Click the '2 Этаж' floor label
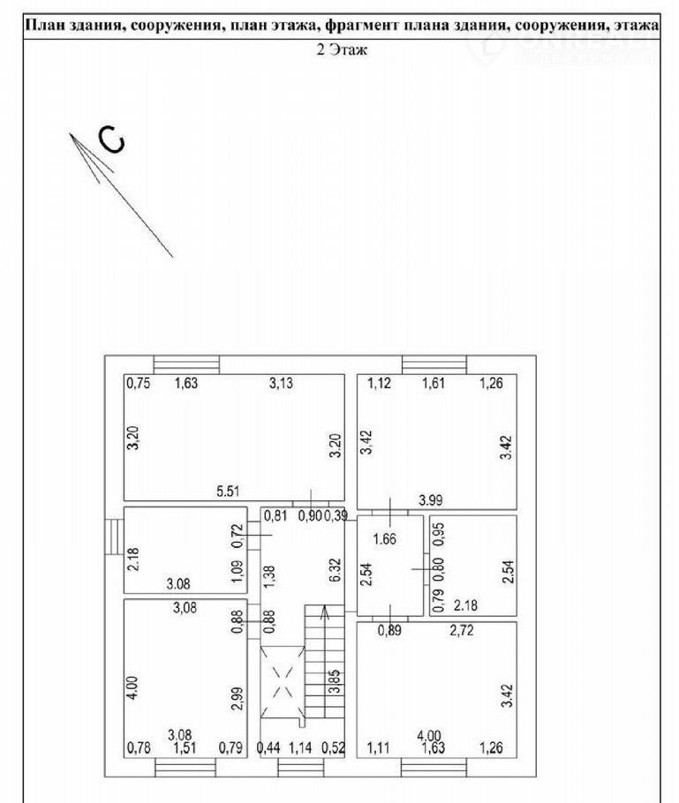[341, 50]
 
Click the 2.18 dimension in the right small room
[465, 605]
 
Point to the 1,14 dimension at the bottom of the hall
[301, 748]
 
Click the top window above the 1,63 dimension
[186, 364]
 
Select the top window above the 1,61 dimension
[434, 364]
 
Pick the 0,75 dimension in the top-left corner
[137, 383]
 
